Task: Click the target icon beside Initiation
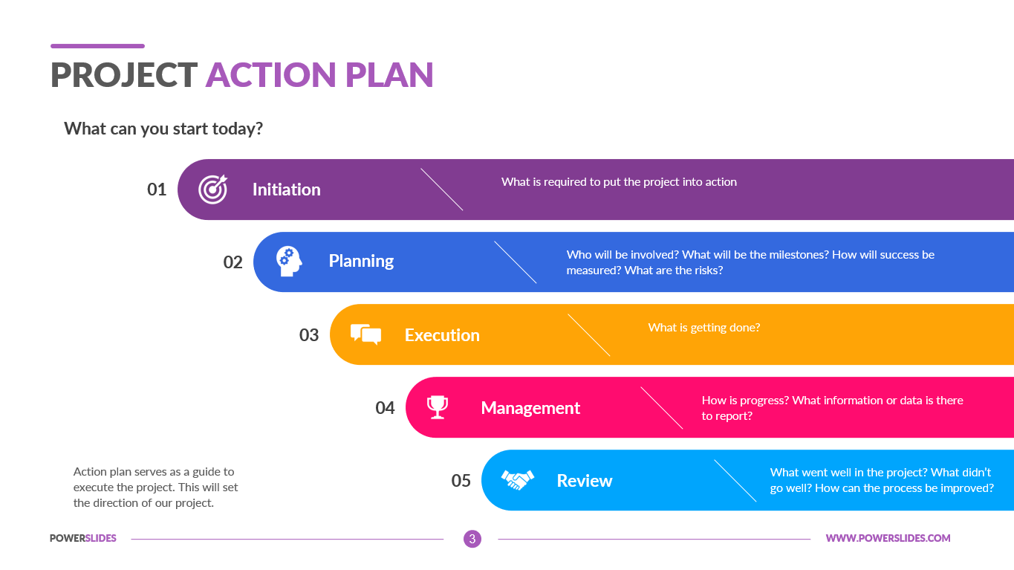(212, 190)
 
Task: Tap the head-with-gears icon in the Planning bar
(289, 262)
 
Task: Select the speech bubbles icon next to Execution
(365, 334)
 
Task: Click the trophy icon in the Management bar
(438, 407)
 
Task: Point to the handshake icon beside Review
(518, 480)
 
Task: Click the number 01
(157, 190)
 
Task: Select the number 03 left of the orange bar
(309, 335)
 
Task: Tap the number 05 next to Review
(461, 480)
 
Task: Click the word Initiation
(286, 190)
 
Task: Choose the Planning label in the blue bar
(361, 262)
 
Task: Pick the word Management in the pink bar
(530, 408)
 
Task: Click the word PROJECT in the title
(123, 75)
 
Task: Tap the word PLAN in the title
(389, 75)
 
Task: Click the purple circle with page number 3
(472, 539)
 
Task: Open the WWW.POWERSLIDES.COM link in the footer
(888, 538)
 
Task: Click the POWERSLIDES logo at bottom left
(83, 538)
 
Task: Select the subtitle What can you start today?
(163, 129)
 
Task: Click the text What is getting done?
(704, 327)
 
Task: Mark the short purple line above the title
(97, 46)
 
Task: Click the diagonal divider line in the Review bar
(735, 480)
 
